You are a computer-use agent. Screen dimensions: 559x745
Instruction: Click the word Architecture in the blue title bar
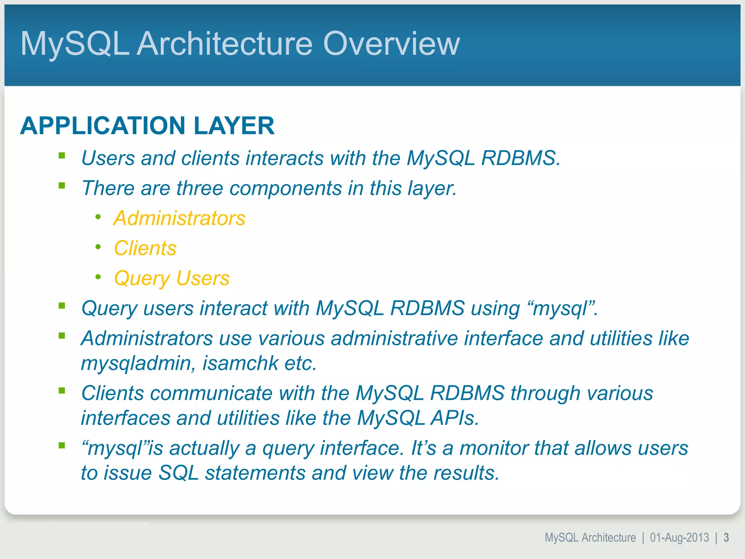click(x=224, y=44)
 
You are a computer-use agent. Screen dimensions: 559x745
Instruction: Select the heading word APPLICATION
click(x=103, y=126)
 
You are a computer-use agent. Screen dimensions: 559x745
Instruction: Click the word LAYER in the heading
click(x=234, y=126)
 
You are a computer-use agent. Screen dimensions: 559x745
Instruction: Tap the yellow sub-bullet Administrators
click(x=179, y=218)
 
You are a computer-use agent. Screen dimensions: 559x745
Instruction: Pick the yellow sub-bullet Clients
click(x=145, y=248)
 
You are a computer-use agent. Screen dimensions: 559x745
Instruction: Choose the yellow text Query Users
click(x=172, y=278)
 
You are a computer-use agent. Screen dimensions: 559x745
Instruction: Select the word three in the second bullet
click(x=199, y=188)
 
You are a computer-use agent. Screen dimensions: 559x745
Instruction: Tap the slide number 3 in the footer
click(x=726, y=538)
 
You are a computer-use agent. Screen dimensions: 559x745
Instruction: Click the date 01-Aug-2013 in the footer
click(x=679, y=538)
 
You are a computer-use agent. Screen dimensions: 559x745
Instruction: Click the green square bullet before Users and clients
click(x=62, y=156)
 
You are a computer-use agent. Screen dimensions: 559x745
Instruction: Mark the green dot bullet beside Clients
click(x=98, y=247)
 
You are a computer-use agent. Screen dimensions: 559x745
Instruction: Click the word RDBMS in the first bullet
click(x=520, y=158)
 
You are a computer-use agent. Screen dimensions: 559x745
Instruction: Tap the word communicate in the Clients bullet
click(x=211, y=393)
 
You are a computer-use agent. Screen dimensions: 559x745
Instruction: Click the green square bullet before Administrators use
click(x=62, y=336)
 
